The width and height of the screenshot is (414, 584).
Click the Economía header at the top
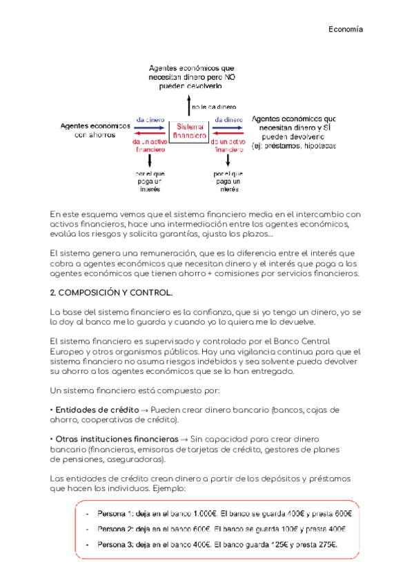coord(345,30)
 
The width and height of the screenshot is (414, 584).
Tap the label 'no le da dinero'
coord(213,107)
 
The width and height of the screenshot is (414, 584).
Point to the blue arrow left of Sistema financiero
coord(150,128)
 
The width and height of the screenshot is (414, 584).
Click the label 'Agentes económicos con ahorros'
coord(95,131)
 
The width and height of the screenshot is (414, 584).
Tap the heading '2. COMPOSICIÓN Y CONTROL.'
coord(111,292)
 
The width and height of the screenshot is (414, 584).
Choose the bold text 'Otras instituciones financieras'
coord(115,439)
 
